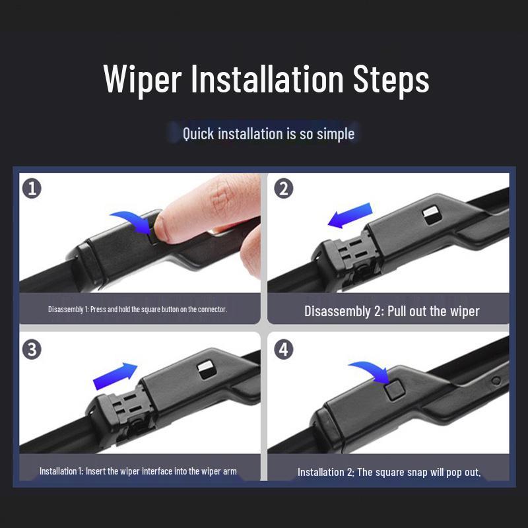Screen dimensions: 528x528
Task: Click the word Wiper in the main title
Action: [x=142, y=81]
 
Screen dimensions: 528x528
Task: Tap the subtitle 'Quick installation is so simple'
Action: [x=269, y=134]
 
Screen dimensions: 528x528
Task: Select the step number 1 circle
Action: [x=32, y=188]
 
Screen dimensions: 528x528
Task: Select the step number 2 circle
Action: [x=283, y=188]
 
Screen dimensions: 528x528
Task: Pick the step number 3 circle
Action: [x=32, y=349]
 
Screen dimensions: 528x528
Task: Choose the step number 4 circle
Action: [x=283, y=349]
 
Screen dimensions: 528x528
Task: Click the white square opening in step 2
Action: [x=432, y=213]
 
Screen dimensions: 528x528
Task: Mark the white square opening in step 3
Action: [x=205, y=368]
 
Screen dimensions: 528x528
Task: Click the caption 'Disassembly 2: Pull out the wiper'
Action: [x=391, y=311]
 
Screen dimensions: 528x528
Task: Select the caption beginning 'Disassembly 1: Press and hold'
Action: [x=137, y=309]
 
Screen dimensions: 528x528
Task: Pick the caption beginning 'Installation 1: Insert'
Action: [x=138, y=471]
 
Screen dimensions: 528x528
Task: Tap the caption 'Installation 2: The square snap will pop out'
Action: [x=389, y=472]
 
